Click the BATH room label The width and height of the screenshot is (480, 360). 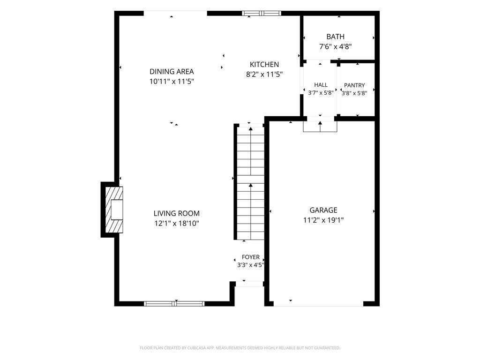pos(335,37)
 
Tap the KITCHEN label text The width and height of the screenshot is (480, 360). pos(264,65)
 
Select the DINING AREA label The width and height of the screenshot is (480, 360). pos(172,72)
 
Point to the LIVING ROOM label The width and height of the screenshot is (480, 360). pos(176,213)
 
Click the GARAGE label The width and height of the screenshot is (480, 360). pos(323,210)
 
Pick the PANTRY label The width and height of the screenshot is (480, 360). pos(354,85)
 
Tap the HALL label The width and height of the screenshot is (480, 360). pos(321,85)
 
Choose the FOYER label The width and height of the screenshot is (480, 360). pos(250,257)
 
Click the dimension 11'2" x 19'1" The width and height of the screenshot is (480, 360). pos(323,220)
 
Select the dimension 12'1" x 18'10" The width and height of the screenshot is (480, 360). pos(177,224)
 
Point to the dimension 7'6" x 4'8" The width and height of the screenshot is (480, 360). pos(335,47)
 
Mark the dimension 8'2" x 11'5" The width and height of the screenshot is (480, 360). pos(264,75)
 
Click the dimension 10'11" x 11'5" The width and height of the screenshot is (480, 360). pos(172,82)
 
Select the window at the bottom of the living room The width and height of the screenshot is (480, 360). pos(174,304)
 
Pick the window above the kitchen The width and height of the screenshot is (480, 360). pos(262,13)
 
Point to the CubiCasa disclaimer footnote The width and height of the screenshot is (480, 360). pos(240,348)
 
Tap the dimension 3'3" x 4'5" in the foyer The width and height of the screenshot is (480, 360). pos(250,265)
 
